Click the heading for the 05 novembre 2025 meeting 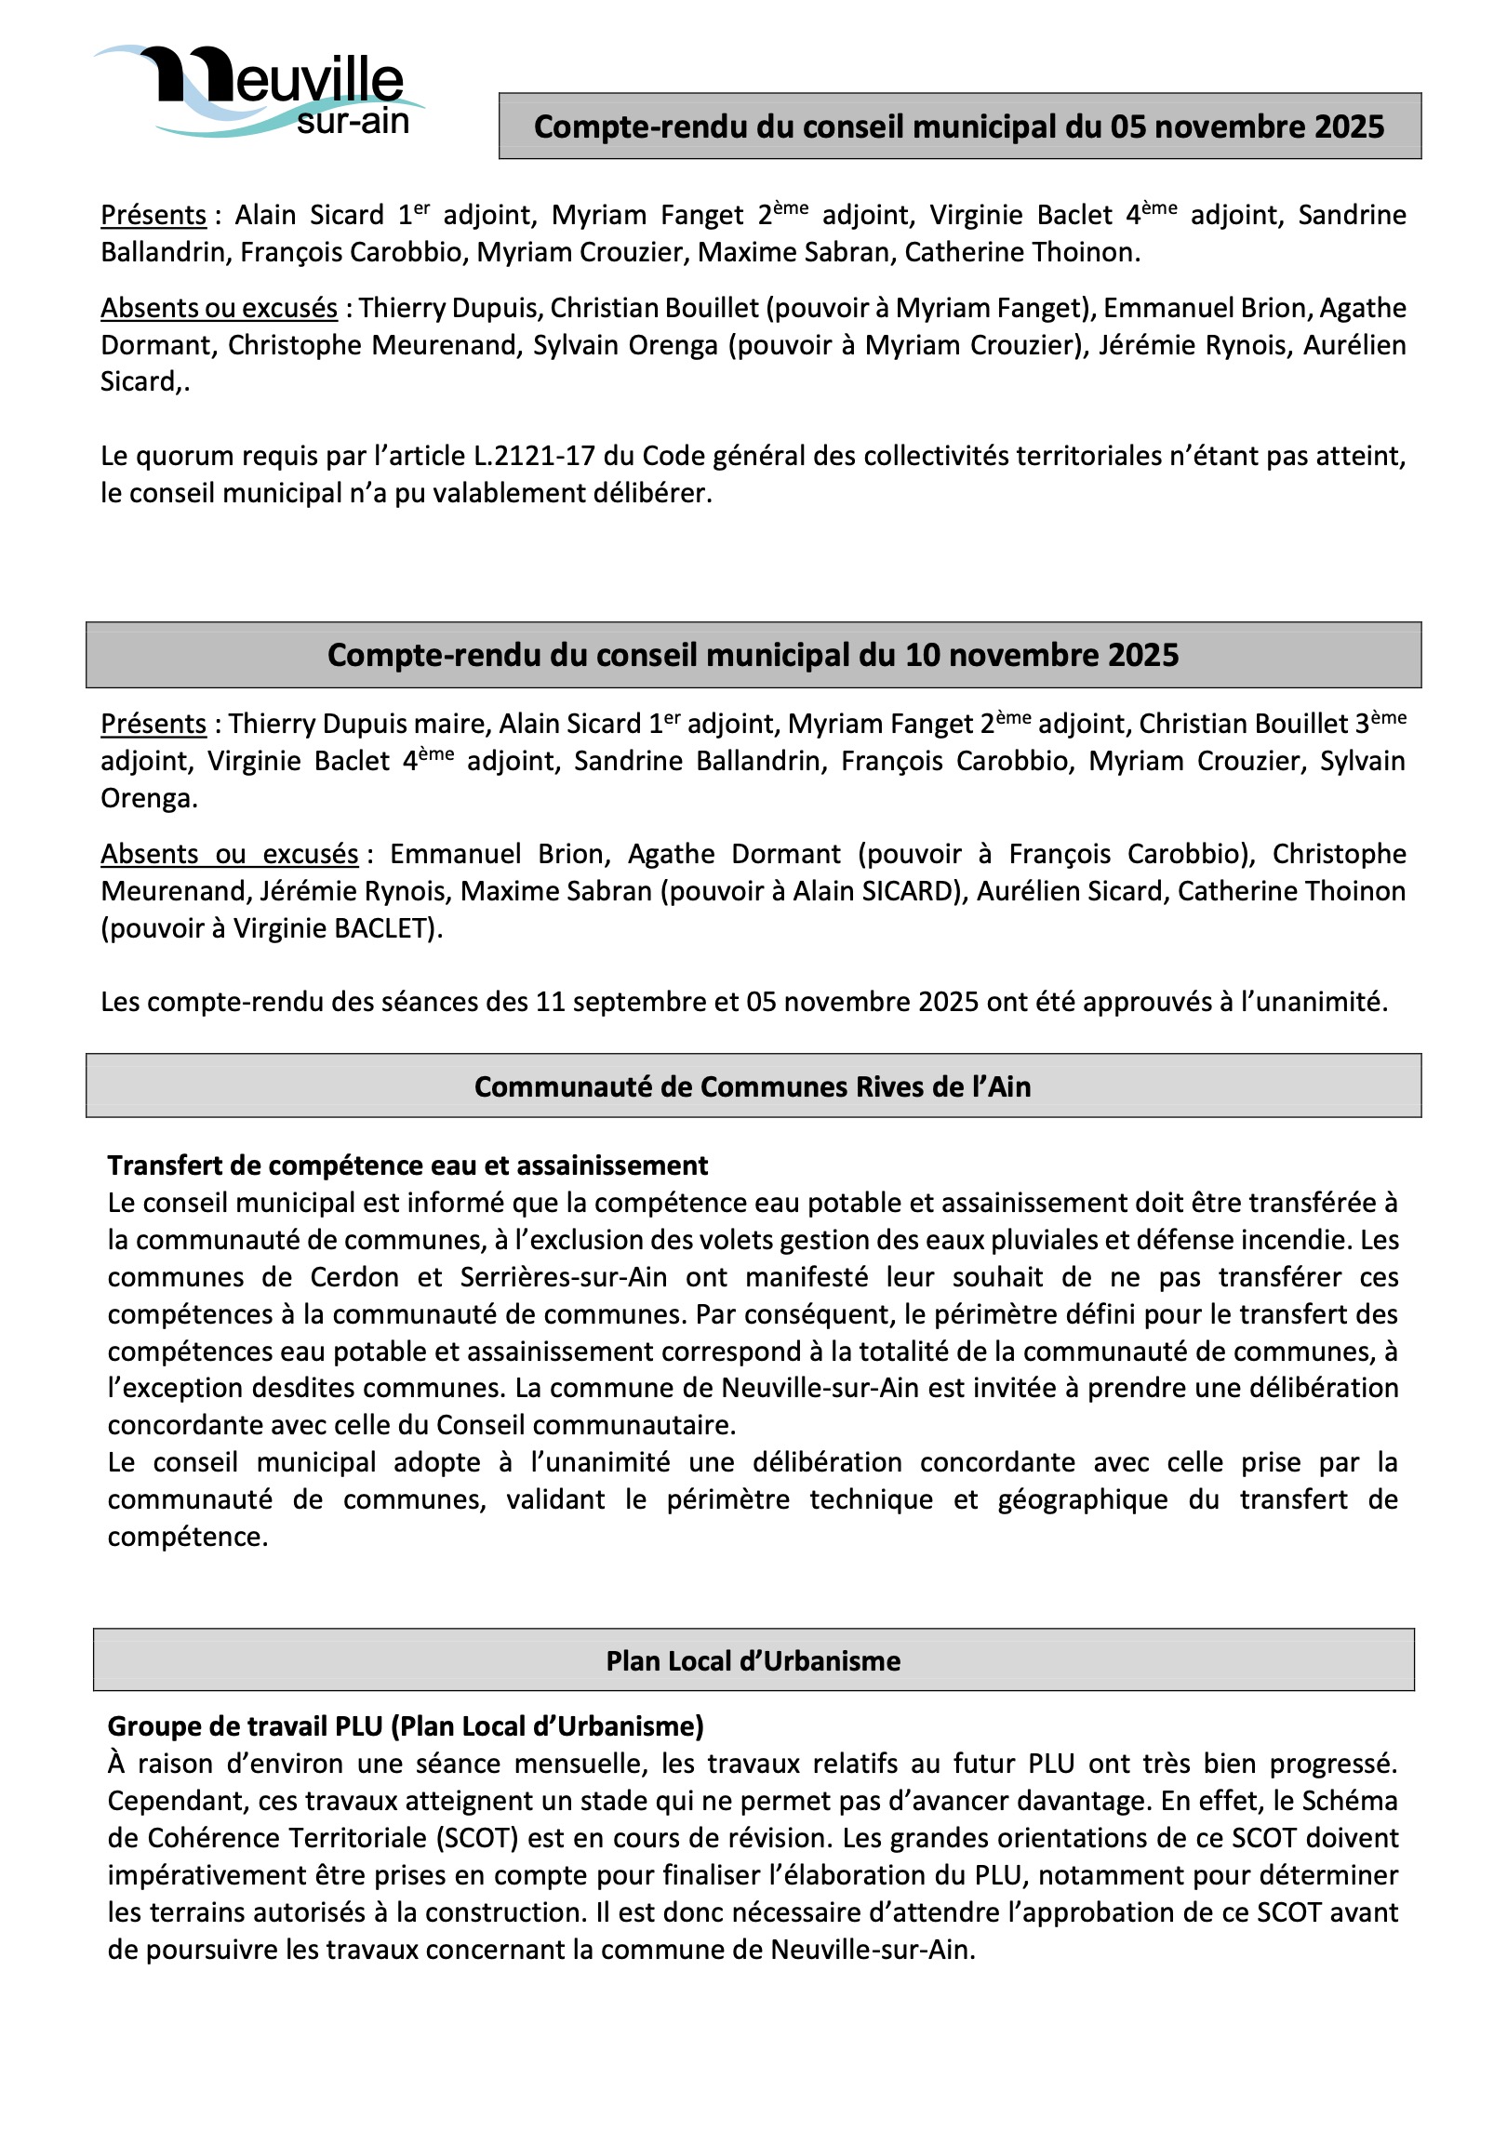pos(959,127)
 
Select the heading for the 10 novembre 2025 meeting pos(753,655)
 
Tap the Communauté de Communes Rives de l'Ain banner pos(753,1086)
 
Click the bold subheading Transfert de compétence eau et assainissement pos(407,1165)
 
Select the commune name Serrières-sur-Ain pos(564,1277)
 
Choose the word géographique pos(1083,1499)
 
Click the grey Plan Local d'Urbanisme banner pos(753,1661)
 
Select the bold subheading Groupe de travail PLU pos(406,1726)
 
